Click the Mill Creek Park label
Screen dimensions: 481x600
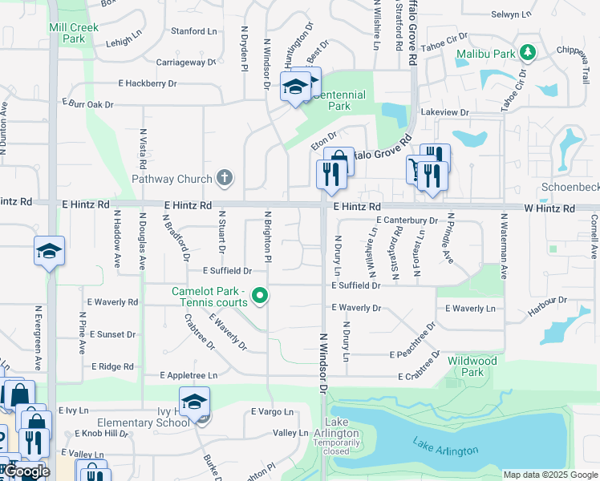click(x=73, y=33)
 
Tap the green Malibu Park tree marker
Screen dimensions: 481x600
click(x=527, y=53)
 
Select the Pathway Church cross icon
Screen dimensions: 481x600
click(x=225, y=178)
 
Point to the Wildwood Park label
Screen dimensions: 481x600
click(x=472, y=366)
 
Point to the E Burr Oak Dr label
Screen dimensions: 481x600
click(x=88, y=104)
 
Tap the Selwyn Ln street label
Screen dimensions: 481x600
click(x=511, y=14)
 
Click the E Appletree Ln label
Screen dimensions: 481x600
click(x=189, y=374)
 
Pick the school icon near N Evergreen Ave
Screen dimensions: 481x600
click(x=49, y=251)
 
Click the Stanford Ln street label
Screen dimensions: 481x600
click(x=194, y=31)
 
